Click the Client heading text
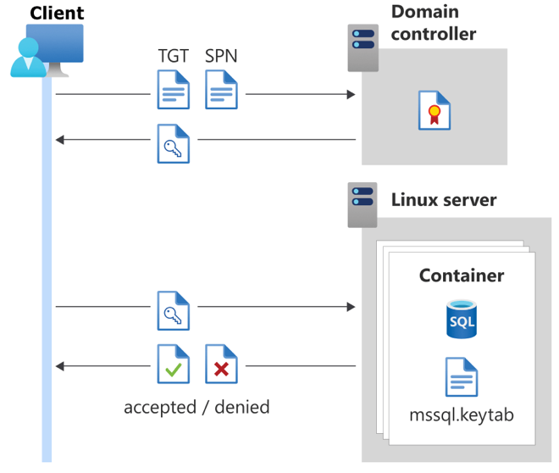pyautogui.click(x=57, y=14)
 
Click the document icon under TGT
pyautogui.click(x=174, y=90)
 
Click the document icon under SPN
pyautogui.click(x=222, y=90)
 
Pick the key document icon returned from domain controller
pyautogui.click(x=174, y=143)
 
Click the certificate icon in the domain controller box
pyautogui.click(x=434, y=111)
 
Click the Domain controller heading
pyautogui.click(x=434, y=23)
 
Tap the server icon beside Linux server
pyautogui.click(x=363, y=204)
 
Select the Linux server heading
pyautogui.click(x=443, y=200)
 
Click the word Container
pyautogui.click(x=462, y=275)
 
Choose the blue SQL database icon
pyautogui.click(x=462, y=319)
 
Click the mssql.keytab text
pyautogui.click(x=462, y=416)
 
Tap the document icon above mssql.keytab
pyautogui.click(x=462, y=377)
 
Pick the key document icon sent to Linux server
pyautogui.click(x=174, y=310)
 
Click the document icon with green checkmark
pyautogui.click(x=174, y=364)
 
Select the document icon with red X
pyautogui.click(x=222, y=364)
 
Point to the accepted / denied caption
pyautogui.click(x=196, y=407)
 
